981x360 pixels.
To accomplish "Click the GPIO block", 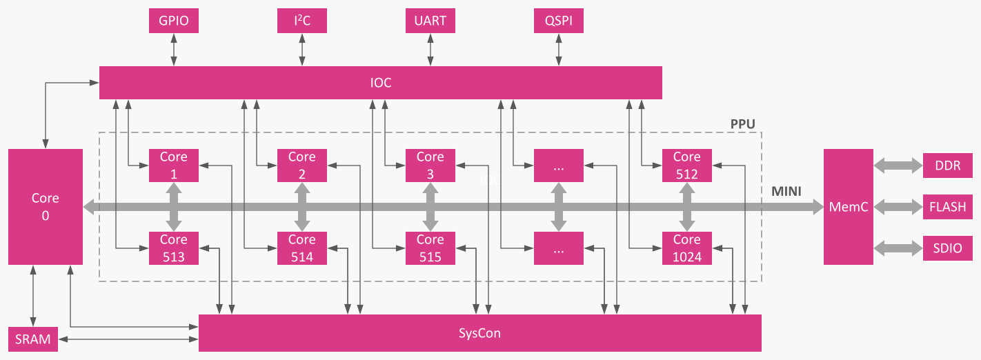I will point(173,21).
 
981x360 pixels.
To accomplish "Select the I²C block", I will point(301,21).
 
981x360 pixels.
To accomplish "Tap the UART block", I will point(430,21).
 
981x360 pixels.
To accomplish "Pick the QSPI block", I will point(558,21).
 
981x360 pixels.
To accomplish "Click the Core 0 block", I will point(46,206).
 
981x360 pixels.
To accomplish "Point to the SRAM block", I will point(33,339).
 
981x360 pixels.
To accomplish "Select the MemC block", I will point(848,206).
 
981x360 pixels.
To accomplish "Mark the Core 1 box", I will point(173,166).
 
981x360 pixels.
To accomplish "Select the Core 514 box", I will point(301,248).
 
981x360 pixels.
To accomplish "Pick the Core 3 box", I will point(430,166).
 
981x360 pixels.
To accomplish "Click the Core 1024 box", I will point(686,248).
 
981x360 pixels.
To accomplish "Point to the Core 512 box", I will point(686,166).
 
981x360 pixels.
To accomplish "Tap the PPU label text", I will point(742,124).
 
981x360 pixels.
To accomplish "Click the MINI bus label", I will point(786,192).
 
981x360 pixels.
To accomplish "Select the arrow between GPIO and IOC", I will point(173,50).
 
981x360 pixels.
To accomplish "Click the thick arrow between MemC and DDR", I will point(898,166).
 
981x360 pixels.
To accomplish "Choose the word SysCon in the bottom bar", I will point(479,334).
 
